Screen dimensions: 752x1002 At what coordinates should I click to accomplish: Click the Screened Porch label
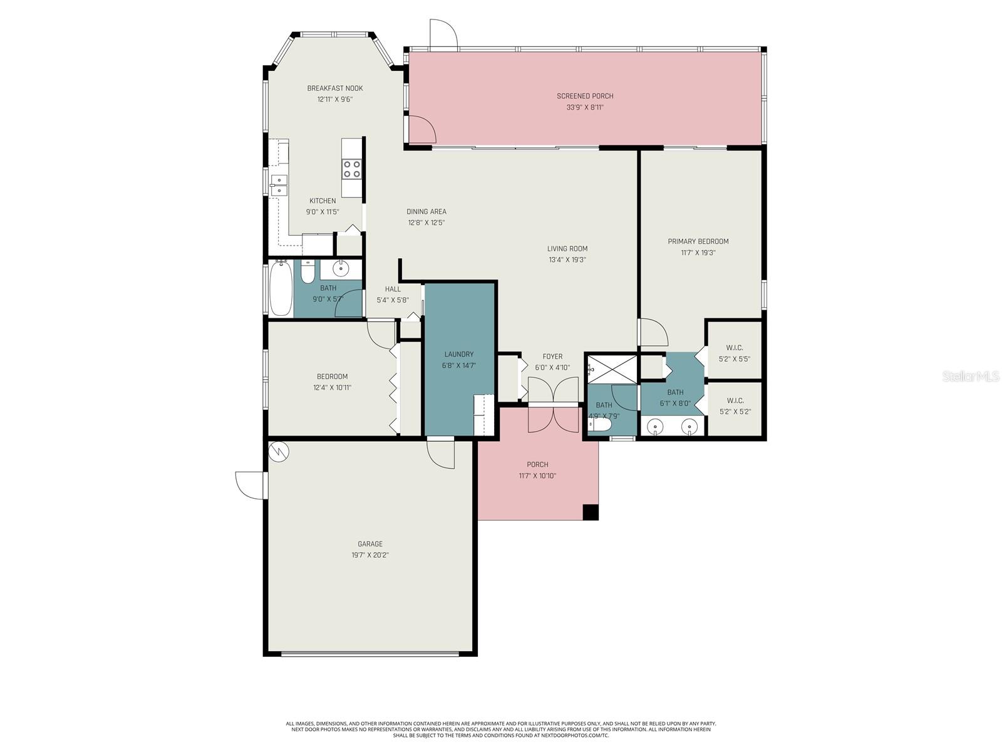(585, 96)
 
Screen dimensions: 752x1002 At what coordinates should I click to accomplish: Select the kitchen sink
(279, 185)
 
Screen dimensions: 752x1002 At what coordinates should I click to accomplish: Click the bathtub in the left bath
(281, 289)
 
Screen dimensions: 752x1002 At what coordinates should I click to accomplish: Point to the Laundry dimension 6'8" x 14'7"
(459, 365)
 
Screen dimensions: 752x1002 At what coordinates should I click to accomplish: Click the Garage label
(370, 544)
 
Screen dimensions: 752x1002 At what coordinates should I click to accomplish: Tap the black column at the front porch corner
(591, 512)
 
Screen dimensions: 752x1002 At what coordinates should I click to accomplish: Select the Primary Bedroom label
(698, 241)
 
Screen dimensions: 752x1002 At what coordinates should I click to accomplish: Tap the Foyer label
(552, 357)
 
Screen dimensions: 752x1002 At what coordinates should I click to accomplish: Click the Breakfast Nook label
(334, 88)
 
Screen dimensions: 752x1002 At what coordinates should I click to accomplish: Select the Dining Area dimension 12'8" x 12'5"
(426, 222)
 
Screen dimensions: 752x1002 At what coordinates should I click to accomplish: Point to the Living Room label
(567, 249)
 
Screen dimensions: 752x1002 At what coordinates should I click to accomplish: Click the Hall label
(393, 289)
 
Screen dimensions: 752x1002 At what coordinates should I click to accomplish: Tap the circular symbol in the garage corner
(278, 451)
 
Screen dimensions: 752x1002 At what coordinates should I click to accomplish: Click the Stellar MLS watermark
(970, 377)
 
